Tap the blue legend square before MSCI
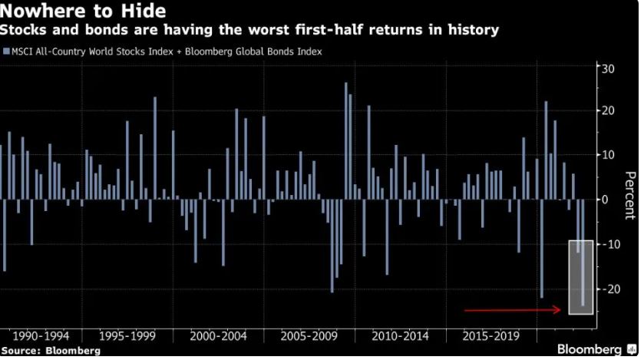[x=5, y=52]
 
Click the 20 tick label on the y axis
[x=608, y=111]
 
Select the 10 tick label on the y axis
[x=608, y=155]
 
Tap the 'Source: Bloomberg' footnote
[x=51, y=351]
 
